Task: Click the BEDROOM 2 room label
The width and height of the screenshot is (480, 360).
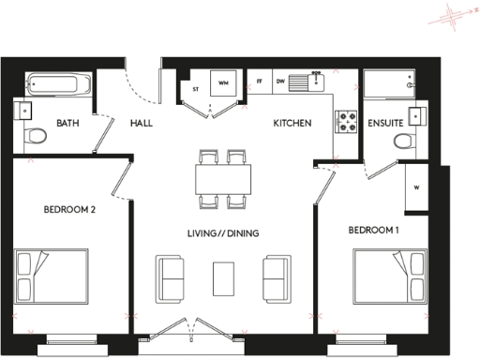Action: [70, 209]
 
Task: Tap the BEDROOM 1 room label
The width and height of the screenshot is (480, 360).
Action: [375, 230]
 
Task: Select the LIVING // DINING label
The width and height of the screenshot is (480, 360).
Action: [221, 233]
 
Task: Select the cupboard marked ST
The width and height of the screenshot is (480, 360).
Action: [196, 90]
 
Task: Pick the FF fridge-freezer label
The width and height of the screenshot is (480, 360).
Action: [260, 82]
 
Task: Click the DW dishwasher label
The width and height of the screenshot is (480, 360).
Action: [280, 82]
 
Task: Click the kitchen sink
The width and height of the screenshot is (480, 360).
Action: [307, 83]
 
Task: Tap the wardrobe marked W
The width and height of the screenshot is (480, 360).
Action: [414, 187]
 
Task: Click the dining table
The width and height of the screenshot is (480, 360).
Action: [224, 177]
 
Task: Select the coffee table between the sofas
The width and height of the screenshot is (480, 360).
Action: [224, 277]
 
